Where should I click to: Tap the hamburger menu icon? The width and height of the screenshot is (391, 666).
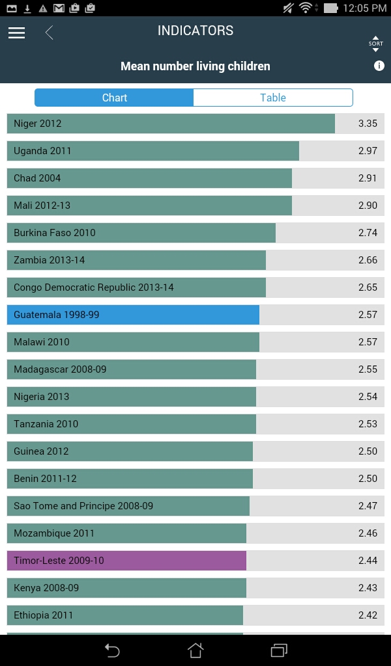(x=16, y=33)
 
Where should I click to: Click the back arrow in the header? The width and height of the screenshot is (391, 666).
(x=49, y=33)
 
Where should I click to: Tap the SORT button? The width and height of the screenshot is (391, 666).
(x=375, y=44)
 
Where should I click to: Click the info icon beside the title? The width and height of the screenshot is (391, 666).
(x=379, y=66)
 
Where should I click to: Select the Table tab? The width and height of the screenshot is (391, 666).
(x=273, y=98)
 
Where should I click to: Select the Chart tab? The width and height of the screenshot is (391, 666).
(x=115, y=98)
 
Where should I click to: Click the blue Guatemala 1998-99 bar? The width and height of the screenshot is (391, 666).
(x=133, y=315)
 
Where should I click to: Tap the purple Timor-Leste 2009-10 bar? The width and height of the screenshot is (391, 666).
(x=126, y=561)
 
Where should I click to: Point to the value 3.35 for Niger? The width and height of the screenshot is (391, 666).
(x=368, y=124)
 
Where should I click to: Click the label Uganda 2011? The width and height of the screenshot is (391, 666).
(x=42, y=151)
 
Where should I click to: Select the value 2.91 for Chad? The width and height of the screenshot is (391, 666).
(x=368, y=178)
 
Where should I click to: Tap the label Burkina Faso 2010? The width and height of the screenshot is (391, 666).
(x=55, y=233)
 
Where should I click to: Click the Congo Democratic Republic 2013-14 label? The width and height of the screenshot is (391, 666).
(x=94, y=287)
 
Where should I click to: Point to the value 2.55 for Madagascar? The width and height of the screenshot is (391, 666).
(x=368, y=369)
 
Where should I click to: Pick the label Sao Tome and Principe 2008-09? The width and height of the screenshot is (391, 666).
(x=83, y=506)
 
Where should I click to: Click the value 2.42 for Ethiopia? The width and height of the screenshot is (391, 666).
(x=368, y=615)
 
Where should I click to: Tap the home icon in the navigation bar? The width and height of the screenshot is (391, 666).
(x=195, y=650)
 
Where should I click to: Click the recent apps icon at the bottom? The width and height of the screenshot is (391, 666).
(x=279, y=650)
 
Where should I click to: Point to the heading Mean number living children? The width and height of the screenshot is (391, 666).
(x=195, y=66)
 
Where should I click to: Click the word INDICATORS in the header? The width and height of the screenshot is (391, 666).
(x=195, y=31)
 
